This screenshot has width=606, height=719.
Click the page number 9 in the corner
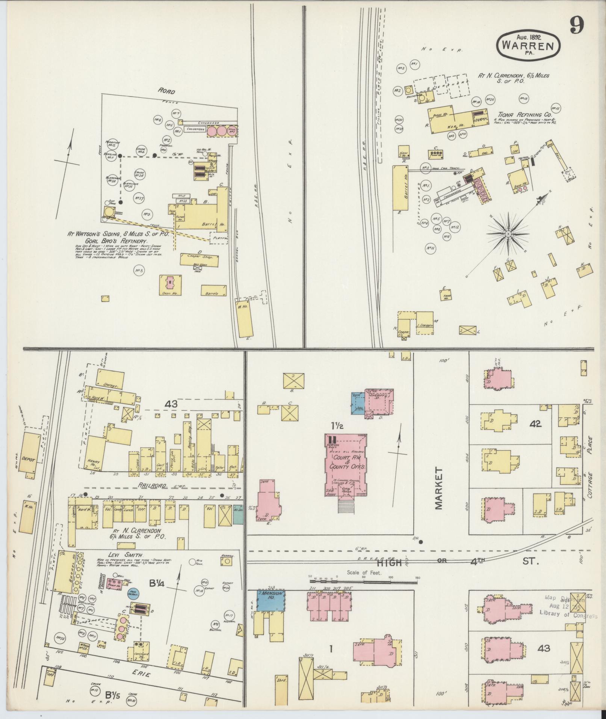(576, 26)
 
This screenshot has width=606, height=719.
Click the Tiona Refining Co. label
(525, 114)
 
